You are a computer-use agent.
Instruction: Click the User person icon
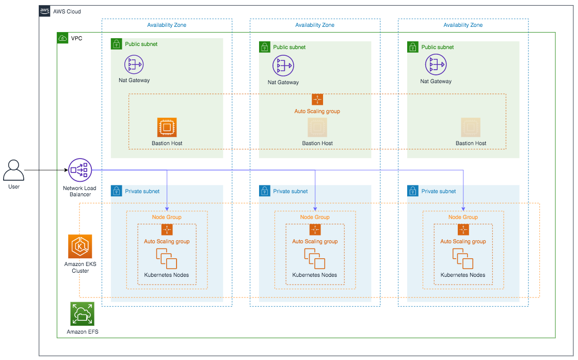(x=13, y=170)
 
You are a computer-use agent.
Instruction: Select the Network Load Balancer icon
(x=80, y=170)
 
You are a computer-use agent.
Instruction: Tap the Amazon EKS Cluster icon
(x=80, y=246)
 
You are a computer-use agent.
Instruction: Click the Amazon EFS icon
(x=82, y=314)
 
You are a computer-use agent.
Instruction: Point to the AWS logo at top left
(x=44, y=11)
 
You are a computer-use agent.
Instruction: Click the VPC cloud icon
(x=62, y=38)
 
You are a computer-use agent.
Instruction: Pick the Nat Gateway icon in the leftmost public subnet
(x=134, y=65)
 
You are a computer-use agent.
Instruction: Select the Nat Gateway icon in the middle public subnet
(x=283, y=66)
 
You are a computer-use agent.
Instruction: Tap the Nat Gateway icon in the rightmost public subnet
(x=436, y=65)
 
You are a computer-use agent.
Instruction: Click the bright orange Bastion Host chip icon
(x=167, y=127)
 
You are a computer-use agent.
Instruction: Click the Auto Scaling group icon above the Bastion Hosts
(x=317, y=99)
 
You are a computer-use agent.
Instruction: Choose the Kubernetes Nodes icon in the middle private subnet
(x=314, y=259)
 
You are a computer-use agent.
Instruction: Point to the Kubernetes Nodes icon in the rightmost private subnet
(x=462, y=259)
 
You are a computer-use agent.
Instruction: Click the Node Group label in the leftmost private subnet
(x=167, y=217)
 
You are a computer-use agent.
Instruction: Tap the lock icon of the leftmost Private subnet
(x=117, y=191)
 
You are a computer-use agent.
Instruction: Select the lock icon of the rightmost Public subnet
(x=413, y=47)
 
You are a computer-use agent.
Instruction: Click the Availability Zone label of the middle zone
(x=315, y=25)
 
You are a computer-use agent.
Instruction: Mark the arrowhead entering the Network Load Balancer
(x=67, y=170)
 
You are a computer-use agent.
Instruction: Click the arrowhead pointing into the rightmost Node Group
(x=463, y=209)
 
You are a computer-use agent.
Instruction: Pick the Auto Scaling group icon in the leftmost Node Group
(x=167, y=229)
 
